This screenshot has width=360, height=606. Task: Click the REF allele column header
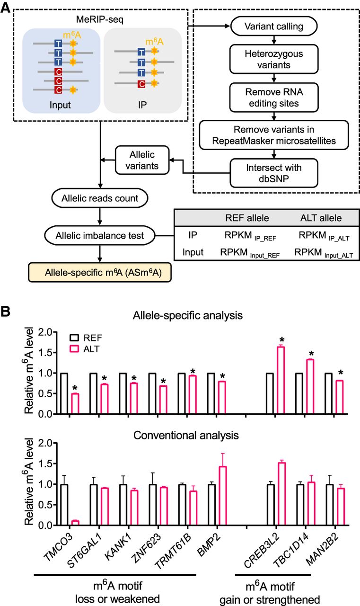point(247,219)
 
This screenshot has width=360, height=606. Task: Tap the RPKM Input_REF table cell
point(247,252)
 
